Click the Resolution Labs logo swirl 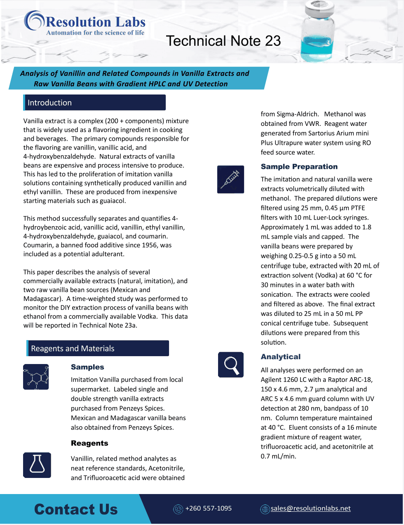[x=34, y=20]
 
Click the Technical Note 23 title [x=223, y=41]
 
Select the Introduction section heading [x=49, y=103]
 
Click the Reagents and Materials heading [x=73, y=348]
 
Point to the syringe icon [x=230, y=180]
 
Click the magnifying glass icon [x=231, y=364]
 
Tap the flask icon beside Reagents [x=37, y=465]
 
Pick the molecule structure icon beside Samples [x=36, y=377]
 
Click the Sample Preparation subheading [x=299, y=167]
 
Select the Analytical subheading [x=280, y=357]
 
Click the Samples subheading [x=87, y=367]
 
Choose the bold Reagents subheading [x=89, y=443]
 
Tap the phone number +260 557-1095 [x=208, y=508]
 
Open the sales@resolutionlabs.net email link [x=310, y=508]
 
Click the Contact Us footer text [x=76, y=509]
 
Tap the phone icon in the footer [x=178, y=509]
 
